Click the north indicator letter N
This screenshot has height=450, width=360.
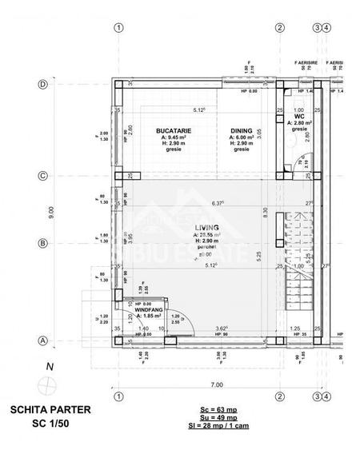(x=50, y=367)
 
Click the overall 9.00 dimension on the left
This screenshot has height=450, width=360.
(x=51, y=212)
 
